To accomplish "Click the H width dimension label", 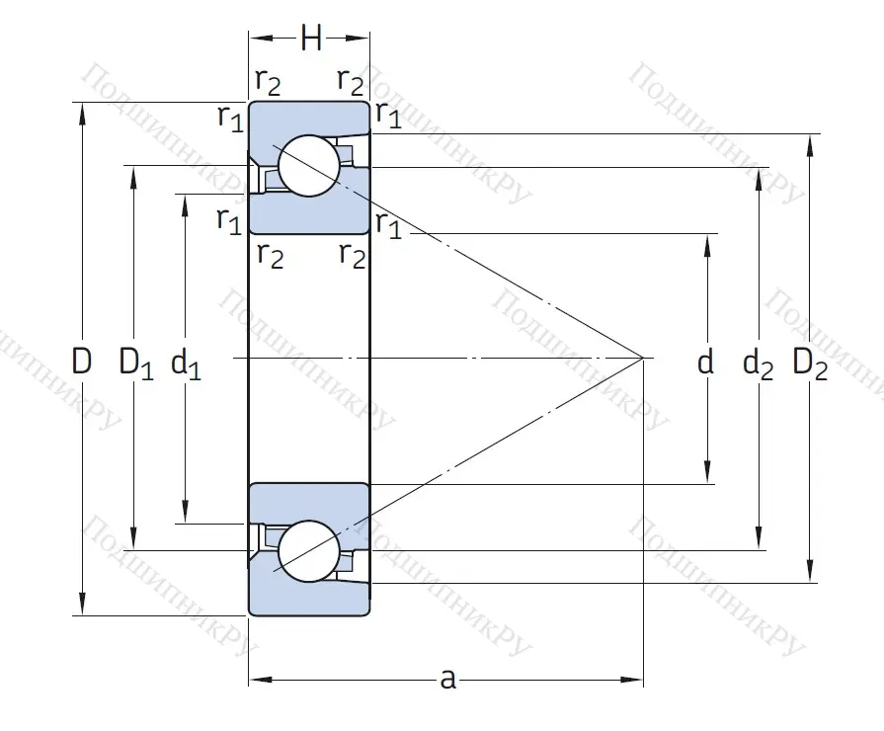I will click(x=311, y=39).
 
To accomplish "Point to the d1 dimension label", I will click(x=186, y=364).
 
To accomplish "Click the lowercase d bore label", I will click(x=705, y=363).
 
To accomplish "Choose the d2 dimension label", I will click(x=759, y=364).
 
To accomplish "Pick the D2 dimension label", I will click(x=811, y=364).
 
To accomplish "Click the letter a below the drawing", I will click(x=447, y=679).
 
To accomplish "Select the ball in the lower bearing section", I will click(x=308, y=551).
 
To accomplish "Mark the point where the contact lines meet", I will click(x=643, y=357).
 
